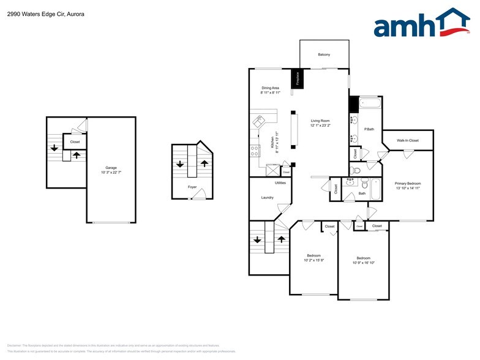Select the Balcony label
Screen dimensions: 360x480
[x=324, y=55]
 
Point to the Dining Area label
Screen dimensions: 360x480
[x=270, y=88]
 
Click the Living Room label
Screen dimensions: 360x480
[x=320, y=121]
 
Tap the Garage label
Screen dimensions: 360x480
[x=111, y=167]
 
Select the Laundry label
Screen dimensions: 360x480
[x=267, y=197]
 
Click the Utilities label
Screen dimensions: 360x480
[x=280, y=182]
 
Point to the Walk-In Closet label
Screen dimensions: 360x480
[x=408, y=141]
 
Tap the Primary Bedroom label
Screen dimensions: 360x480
[x=407, y=183]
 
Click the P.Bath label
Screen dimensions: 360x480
[x=369, y=129]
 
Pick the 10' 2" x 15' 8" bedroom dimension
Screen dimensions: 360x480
[x=313, y=260]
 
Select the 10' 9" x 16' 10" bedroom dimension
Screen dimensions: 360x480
[x=363, y=263]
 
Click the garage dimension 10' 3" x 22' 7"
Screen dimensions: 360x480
[x=111, y=172]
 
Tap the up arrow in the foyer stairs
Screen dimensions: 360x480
[x=204, y=163]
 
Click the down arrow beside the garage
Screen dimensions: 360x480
[x=54, y=147]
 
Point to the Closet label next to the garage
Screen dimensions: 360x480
[x=75, y=142]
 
